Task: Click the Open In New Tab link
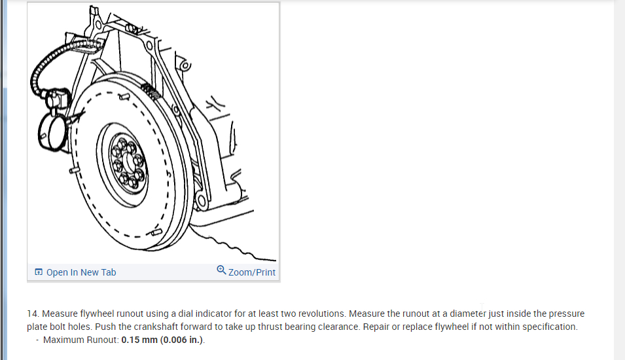coord(81,272)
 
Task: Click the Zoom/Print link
coord(251,272)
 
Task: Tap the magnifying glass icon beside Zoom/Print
coord(221,270)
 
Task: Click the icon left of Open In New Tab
coord(38,272)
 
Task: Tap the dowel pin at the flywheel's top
coord(124,96)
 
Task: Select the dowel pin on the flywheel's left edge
coord(74,170)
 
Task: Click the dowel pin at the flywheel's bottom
coord(156,232)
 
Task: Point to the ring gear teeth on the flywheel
coord(151,91)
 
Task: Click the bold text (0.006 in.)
coord(182,340)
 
